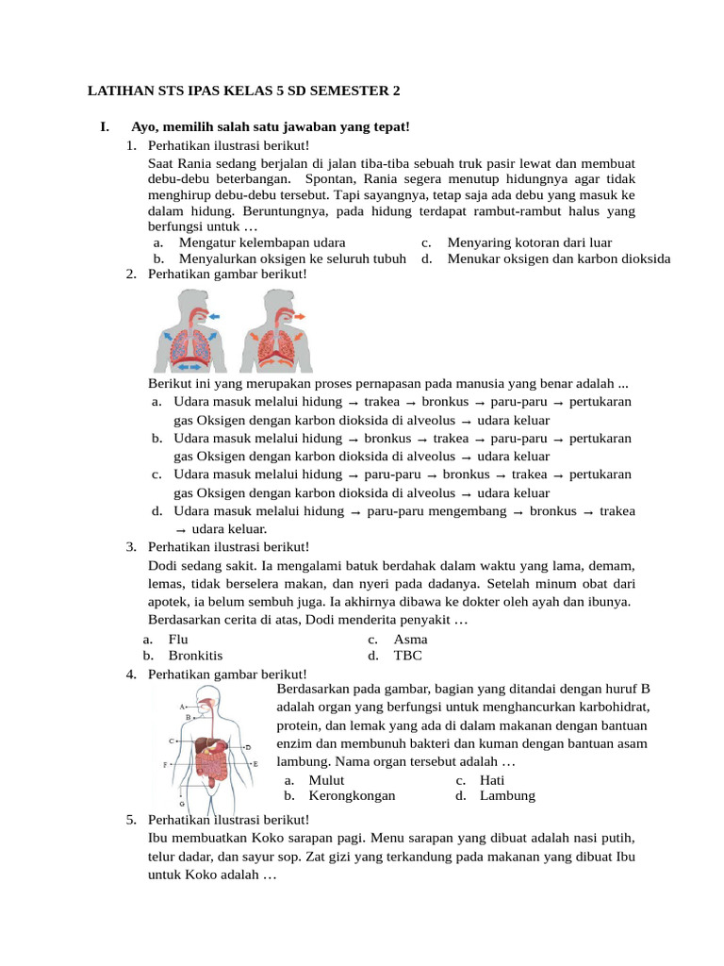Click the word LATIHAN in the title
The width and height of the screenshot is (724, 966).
120,92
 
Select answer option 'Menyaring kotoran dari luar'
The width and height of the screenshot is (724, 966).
529,242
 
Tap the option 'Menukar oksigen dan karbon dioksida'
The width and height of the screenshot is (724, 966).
558,258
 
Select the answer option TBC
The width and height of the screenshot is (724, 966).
408,655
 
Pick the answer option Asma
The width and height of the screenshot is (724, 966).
411,639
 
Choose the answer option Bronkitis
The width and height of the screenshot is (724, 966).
195,655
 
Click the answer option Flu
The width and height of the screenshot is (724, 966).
178,639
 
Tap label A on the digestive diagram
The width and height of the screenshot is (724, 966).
181,706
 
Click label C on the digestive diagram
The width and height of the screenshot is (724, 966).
172,741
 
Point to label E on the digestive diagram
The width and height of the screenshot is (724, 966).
255,762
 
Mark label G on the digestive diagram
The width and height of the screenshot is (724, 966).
181,803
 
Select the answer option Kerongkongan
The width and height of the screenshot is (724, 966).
352,795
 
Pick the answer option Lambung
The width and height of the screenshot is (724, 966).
507,795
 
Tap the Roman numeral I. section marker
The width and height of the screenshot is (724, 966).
105,126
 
